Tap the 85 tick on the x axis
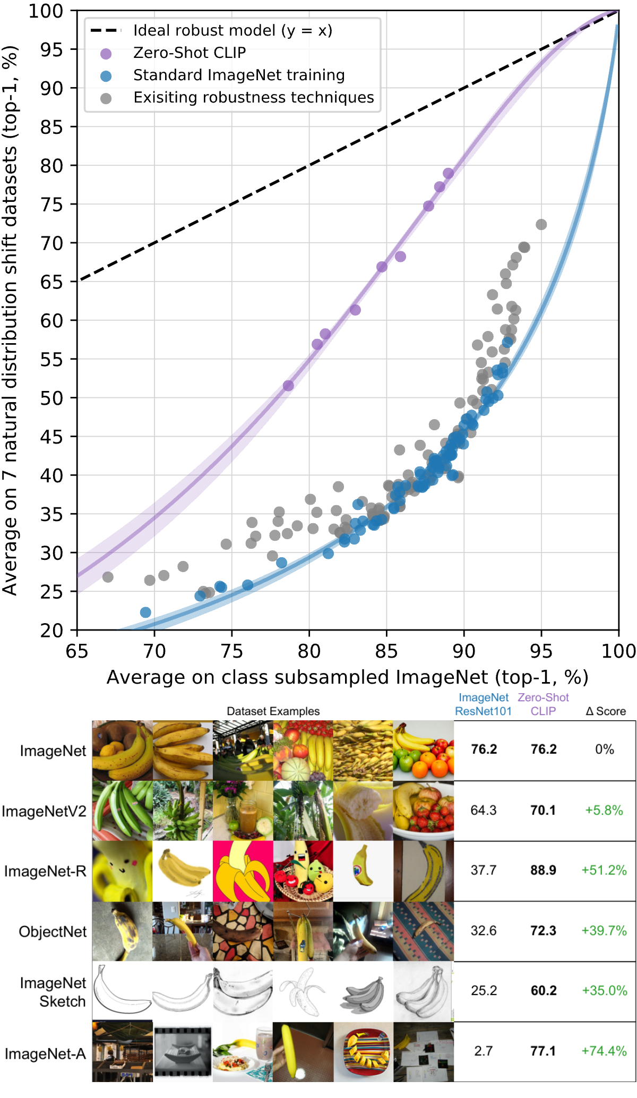[386, 651]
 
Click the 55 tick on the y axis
[51, 360]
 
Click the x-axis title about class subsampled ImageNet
[348, 677]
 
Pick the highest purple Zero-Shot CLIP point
[449, 173]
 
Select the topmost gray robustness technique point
[541, 225]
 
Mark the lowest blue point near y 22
[145, 612]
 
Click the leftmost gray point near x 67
[108, 577]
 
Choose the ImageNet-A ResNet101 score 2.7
[484, 1051]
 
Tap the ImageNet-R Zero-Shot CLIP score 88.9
[544, 870]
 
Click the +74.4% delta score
[604, 1051]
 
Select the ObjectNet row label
[53, 932]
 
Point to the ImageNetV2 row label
[44, 811]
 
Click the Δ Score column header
[606, 711]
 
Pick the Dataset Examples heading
[273, 711]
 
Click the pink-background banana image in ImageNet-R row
[243, 871]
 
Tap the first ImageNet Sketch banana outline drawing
[122, 991]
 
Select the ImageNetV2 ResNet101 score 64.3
[484, 810]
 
